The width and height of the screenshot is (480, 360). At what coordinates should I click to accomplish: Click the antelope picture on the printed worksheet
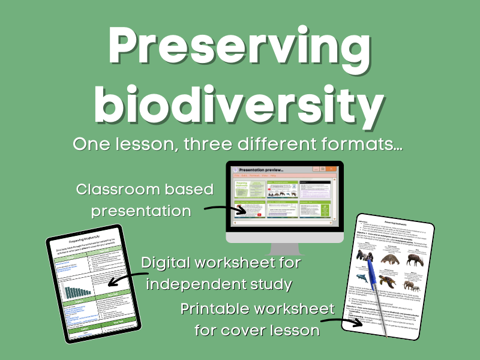413,259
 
